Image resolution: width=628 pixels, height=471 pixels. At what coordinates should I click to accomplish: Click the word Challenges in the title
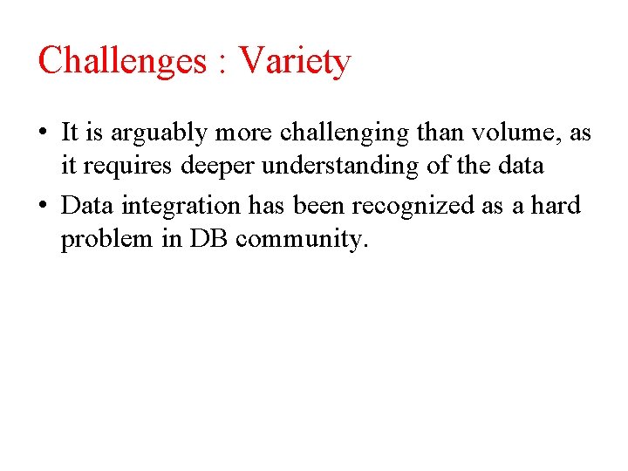click(122, 61)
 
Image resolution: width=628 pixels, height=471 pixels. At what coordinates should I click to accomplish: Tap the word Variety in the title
click(295, 61)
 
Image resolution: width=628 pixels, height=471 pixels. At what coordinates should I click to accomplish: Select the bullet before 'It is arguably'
click(44, 133)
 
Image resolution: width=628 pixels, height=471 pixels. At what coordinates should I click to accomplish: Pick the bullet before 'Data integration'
click(44, 207)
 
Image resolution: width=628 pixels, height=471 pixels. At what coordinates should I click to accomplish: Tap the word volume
click(511, 133)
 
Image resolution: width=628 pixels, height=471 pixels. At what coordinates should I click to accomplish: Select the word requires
click(121, 167)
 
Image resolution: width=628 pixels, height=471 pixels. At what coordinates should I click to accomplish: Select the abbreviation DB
click(208, 238)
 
